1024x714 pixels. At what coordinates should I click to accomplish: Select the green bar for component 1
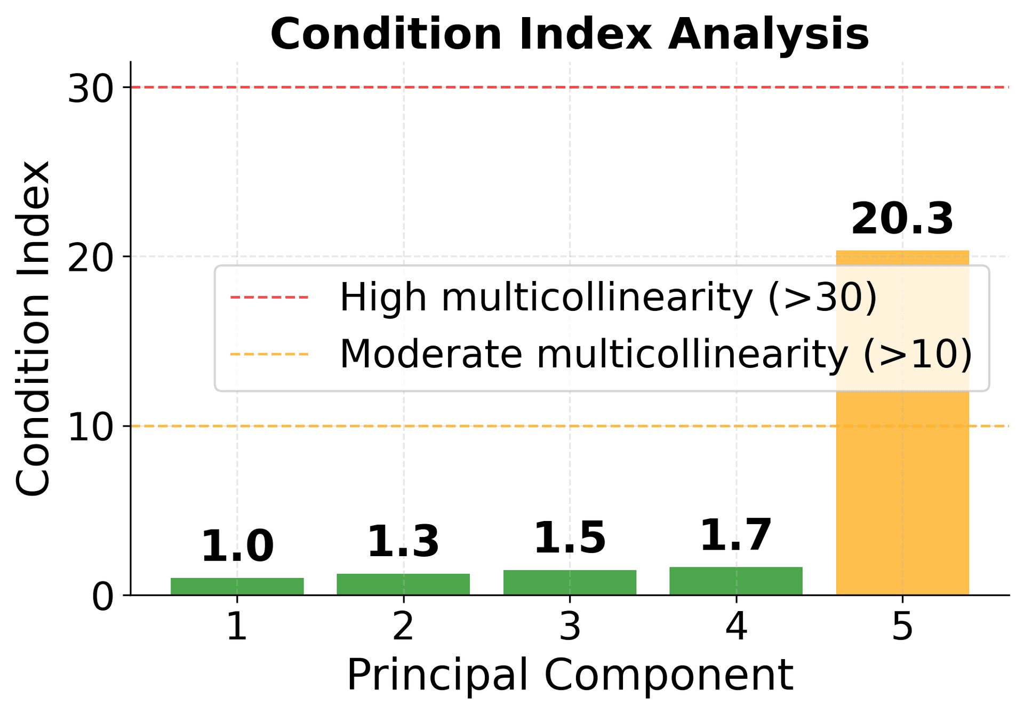click(x=237, y=586)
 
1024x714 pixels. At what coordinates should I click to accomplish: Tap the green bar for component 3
click(x=570, y=582)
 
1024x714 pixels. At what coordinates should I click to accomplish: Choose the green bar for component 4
click(x=736, y=581)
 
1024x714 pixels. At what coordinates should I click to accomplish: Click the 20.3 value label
click(x=902, y=219)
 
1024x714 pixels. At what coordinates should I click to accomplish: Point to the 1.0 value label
click(x=237, y=547)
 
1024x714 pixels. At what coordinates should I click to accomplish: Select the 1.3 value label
click(x=403, y=542)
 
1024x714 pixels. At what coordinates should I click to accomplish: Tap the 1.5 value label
click(x=570, y=538)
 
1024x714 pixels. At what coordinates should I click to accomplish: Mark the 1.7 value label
click(x=736, y=535)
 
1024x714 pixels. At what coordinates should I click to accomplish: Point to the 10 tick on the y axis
click(x=91, y=427)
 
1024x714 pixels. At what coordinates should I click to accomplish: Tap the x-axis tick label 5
click(x=902, y=627)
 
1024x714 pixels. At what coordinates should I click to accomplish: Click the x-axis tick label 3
click(x=570, y=627)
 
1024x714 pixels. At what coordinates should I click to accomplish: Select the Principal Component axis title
click(x=570, y=675)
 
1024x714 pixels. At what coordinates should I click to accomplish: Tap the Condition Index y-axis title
click(x=33, y=328)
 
